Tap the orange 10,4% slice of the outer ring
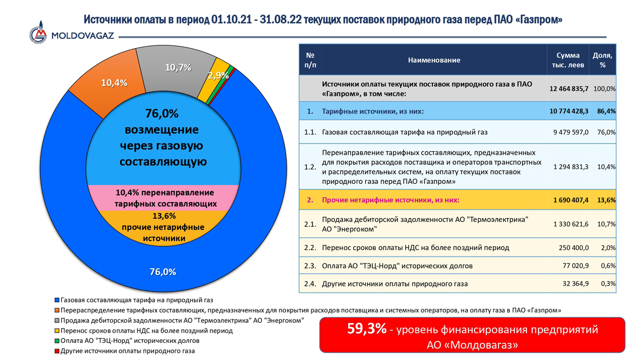tap(111, 80)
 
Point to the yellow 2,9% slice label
tap(218, 75)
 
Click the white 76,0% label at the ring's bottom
tap(163, 271)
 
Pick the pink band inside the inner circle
tap(163, 198)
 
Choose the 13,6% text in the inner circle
tap(164, 215)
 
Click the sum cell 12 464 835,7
tap(569, 89)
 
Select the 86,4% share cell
tap(606, 111)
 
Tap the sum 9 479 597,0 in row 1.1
tap(571, 132)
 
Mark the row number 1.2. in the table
tap(310, 167)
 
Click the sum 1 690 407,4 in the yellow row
tap(571, 200)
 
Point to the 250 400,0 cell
tap(574, 247)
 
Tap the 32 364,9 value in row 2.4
tap(575, 284)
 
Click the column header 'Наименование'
tap(434, 60)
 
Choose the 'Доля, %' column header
tap(603, 60)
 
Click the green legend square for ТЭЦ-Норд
tap(57, 341)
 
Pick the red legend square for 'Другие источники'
tap(57, 351)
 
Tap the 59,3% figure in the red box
tap(367, 329)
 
